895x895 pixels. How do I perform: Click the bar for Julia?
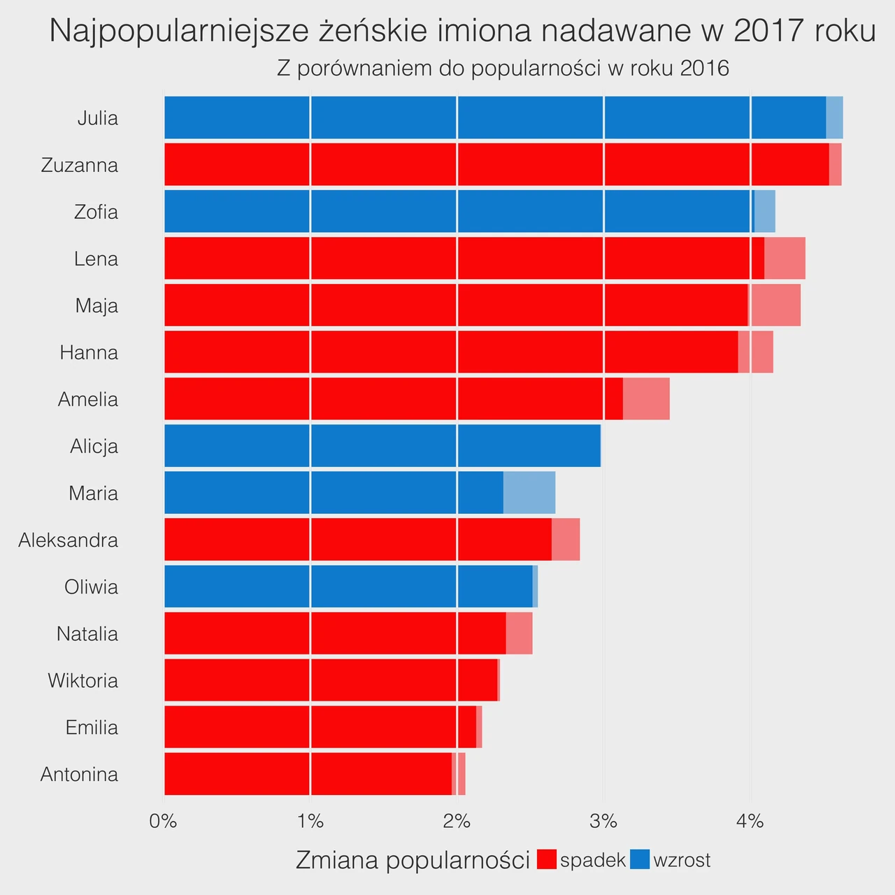click(503, 117)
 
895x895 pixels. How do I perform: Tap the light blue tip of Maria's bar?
click(529, 493)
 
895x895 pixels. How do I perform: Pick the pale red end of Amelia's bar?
click(646, 399)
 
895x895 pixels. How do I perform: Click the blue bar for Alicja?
click(382, 446)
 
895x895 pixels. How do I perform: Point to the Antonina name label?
click(80, 774)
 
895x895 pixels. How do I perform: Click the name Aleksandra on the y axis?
click(69, 540)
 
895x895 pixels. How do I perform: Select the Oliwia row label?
click(92, 587)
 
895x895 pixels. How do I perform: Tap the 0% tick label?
click(163, 822)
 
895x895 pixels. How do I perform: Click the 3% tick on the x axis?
click(603, 822)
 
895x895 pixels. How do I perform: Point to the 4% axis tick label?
click(750, 822)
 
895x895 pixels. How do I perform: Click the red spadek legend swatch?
click(547, 859)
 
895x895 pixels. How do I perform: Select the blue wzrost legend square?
click(640, 859)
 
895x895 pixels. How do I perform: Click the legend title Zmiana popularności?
click(413, 860)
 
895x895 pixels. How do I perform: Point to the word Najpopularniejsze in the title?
click(179, 31)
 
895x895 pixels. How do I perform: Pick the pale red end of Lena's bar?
click(785, 258)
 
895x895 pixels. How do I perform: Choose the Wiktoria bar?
click(332, 680)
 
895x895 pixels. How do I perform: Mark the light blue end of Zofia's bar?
click(764, 211)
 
